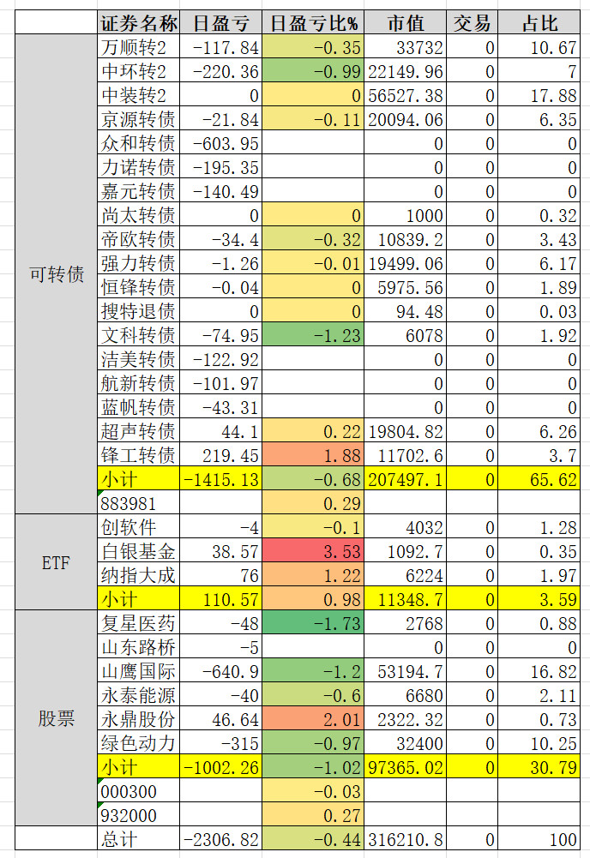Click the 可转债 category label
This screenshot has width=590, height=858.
(x=57, y=275)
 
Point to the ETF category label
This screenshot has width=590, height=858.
(x=57, y=562)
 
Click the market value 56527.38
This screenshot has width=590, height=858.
(x=406, y=95)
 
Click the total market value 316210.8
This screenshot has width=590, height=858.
(x=406, y=840)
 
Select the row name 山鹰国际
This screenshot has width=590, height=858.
(x=138, y=672)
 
